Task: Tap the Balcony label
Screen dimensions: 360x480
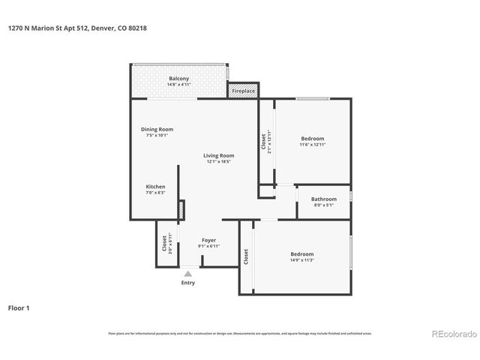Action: tap(178, 79)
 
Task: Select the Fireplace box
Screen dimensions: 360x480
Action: tap(243, 91)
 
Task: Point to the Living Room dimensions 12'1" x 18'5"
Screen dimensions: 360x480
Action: tap(218, 161)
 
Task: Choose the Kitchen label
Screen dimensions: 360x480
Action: tap(155, 187)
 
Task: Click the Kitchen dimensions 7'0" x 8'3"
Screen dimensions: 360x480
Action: tap(155, 193)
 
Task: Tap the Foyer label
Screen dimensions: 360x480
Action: tap(208, 240)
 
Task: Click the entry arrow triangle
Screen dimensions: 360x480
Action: tap(188, 274)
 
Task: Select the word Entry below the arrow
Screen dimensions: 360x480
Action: tap(188, 283)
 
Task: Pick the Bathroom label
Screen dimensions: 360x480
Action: tap(324, 199)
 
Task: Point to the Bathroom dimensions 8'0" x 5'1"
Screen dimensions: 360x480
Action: tap(324, 205)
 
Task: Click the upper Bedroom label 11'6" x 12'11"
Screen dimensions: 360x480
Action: tap(313, 139)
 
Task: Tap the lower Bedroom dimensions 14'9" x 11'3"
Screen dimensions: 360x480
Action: tap(301, 261)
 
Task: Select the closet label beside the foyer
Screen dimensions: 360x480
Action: tap(164, 243)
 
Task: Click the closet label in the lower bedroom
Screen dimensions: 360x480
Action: tap(246, 256)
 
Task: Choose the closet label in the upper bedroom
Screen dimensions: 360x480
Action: tap(264, 142)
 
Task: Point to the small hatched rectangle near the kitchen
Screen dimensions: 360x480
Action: tap(181, 210)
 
